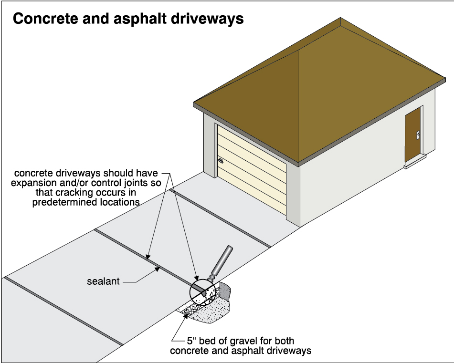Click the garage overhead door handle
click(x=221, y=161)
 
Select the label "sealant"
click(x=103, y=281)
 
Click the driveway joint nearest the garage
click(x=220, y=217)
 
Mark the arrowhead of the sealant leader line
click(x=159, y=270)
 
